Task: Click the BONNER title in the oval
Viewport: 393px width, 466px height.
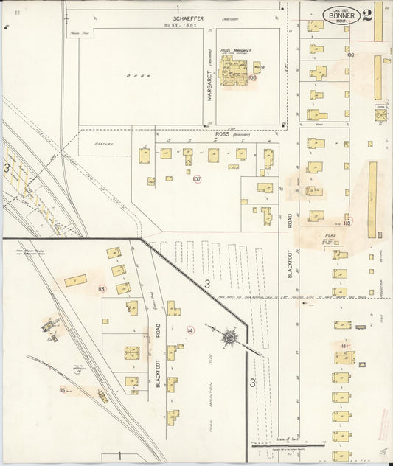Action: (x=341, y=15)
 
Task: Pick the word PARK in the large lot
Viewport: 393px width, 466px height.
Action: (x=133, y=75)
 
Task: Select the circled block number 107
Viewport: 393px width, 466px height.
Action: (x=197, y=179)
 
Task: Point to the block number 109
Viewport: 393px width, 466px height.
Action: (x=349, y=55)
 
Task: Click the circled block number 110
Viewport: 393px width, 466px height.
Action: (x=347, y=220)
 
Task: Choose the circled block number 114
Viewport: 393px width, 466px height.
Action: (x=190, y=330)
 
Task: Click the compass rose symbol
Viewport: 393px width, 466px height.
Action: (x=230, y=338)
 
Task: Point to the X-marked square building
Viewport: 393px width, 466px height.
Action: (x=380, y=116)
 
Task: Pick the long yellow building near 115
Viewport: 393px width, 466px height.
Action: (x=75, y=281)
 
